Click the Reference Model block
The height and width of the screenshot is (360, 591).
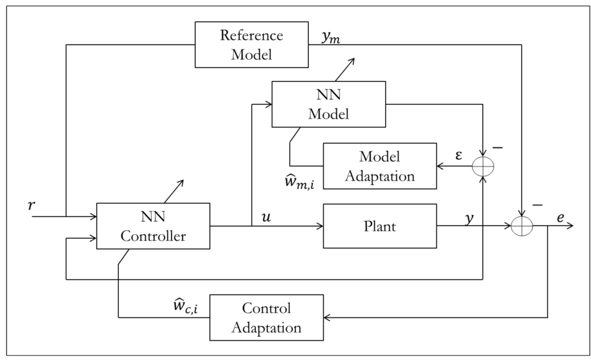[x=252, y=44]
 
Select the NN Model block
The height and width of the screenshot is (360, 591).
[x=328, y=104]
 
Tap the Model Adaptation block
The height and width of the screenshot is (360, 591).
[x=379, y=166]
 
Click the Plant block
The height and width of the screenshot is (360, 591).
[x=379, y=226]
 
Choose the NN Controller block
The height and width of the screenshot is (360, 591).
[x=153, y=226]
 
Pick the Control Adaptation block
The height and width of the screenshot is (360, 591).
[x=266, y=317]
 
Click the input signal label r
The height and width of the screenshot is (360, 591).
[x=31, y=205]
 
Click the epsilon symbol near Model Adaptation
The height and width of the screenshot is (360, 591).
[x=459, y=156]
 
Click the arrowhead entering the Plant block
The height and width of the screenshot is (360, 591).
[x=319, y=226]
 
